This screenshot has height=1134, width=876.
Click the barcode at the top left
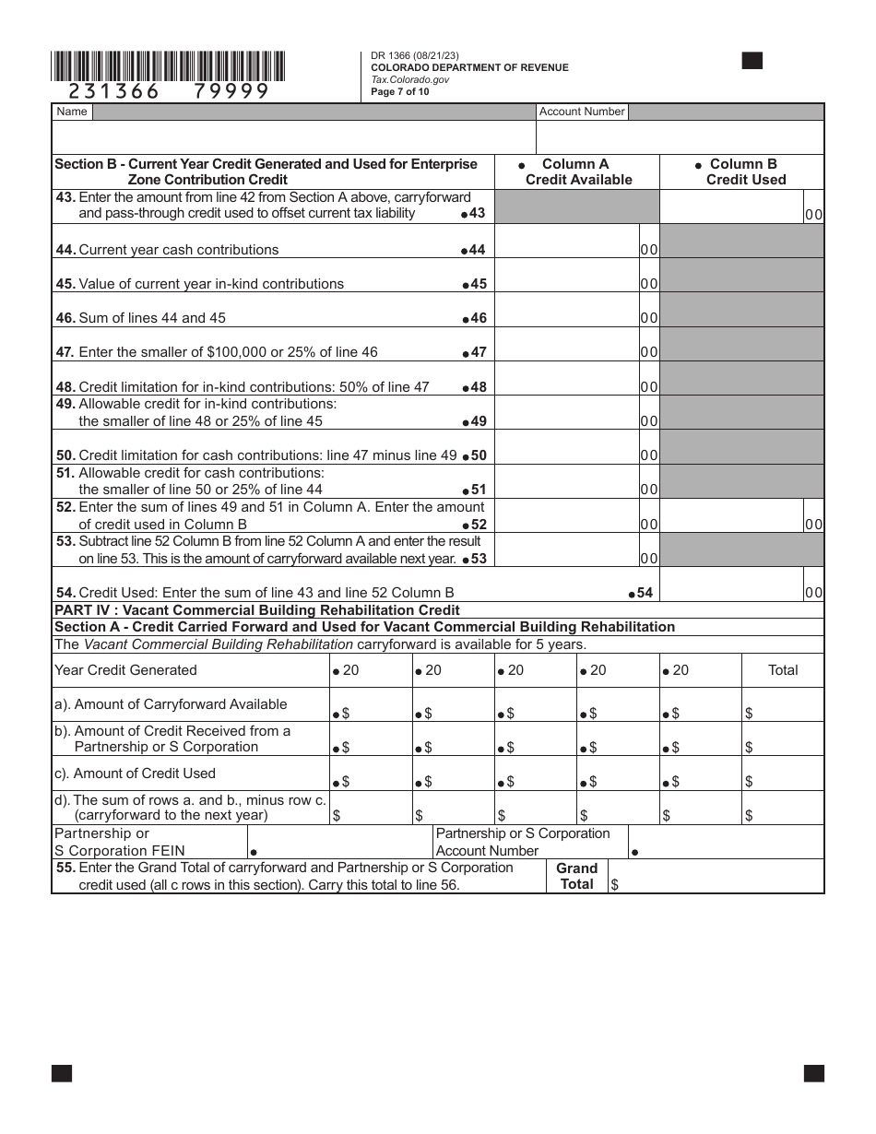pos(168,65)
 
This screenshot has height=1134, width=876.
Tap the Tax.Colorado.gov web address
pos(409,79)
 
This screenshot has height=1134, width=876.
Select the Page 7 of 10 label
pos(399,92)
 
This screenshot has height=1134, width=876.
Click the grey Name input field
pos(314,112)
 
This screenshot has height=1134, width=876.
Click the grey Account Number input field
pos(726,112)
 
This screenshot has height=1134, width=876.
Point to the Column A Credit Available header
pos(578,171)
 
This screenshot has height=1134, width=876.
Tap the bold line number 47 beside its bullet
pos(478,352)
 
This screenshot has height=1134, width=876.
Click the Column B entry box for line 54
pos(732,585)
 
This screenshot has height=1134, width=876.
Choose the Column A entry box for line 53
pos(567,550)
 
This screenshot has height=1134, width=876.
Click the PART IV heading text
pos(256,610)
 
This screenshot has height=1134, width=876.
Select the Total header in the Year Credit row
pos(783,670)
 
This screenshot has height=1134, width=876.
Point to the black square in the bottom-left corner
pos(62,1073)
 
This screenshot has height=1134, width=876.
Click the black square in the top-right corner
pos(752,61)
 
